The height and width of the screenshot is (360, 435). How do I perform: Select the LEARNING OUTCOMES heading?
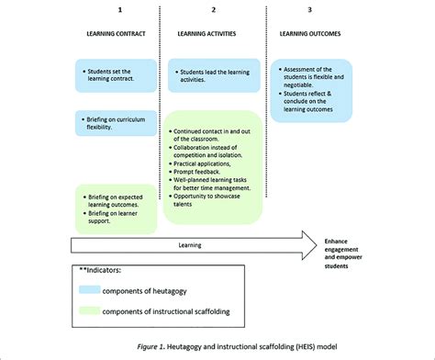tap(310, 33)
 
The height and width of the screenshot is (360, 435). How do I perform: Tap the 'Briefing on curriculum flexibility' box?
tap(115, 122)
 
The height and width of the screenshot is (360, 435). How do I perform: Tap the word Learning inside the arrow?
tap(191, 245)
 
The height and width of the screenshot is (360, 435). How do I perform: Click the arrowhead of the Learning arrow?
tap(304, 245)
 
